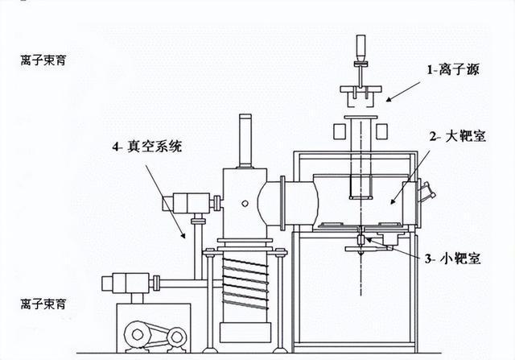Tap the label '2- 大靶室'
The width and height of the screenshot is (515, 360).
458,136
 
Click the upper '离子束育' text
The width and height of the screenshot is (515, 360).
43,60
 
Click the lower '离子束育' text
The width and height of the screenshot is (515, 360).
43,304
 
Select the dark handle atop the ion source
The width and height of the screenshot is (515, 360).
360,44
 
